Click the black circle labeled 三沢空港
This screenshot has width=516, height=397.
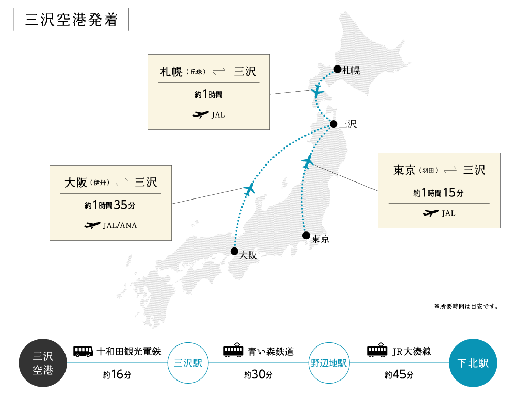(x=43, y=363)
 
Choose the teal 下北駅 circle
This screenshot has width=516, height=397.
(x=473, y=363)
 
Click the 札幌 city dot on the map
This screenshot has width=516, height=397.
(x=337, y=69)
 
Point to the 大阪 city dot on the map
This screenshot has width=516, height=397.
(x=235, y=252)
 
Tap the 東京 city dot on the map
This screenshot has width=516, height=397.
(x=307, y=236)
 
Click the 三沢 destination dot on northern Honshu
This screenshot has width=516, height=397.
(x=334, y=124)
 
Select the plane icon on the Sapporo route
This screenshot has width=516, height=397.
(x=317, y=92)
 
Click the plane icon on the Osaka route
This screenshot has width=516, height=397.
(x=250, y=189)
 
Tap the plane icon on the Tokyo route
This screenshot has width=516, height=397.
(x=308, y=162)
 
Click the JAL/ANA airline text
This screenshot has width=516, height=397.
(x=120, y=225)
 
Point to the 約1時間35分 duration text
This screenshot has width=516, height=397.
(x=110, y=205)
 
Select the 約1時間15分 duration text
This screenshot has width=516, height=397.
(x=439, y=193)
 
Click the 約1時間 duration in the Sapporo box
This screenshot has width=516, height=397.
(x=208, y=94)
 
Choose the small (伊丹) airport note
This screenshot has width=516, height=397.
(x=101, y=183)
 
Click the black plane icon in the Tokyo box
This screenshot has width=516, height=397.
(x=430, y=213)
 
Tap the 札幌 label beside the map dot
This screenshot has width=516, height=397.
(x=351, y=70)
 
